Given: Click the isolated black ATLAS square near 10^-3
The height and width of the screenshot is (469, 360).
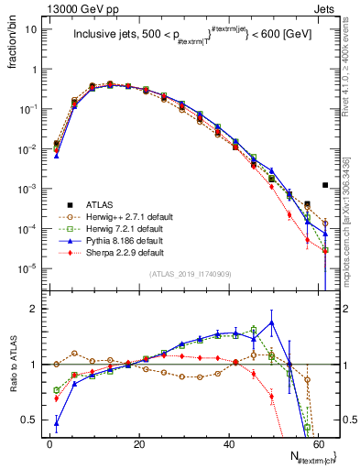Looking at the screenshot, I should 325,185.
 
